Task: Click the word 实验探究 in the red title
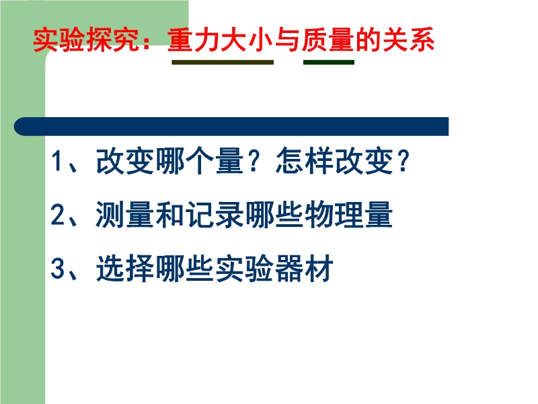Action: click(x=86, y=40)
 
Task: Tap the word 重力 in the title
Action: click(x=194, y=40)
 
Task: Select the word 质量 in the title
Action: click(x=328, y=40)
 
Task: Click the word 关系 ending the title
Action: click(x=408, y=40)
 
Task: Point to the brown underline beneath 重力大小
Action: click(x=223, y=62)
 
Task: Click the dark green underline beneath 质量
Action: click(x=329, y=62)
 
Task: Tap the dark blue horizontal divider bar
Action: click(x=231, y=127)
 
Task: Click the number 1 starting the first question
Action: click(x=57, y=161)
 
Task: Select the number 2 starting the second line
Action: click(x=58, y=214)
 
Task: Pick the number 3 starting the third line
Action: click(x=58, y=268)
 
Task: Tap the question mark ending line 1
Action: click(x=403, y=161)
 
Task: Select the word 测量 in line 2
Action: click(x=124, y=214)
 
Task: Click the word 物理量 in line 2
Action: click(x=349, y=214)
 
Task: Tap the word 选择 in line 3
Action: click(x=124, y=268)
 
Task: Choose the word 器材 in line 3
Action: click(x=305, y=268)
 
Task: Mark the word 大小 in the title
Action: click(x=247, y=40)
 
